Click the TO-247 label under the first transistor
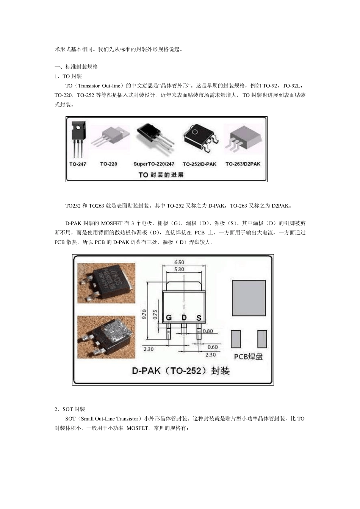point(77,164)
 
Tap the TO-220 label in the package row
point(108,164)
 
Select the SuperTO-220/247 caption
point(154,164)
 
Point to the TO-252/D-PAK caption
point(199,164)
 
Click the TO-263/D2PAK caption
point(243,164)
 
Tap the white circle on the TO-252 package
point(195,133)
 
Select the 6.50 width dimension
point(179,262)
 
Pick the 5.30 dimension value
point(179,269)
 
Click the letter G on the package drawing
point(169,318)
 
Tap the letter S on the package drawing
point(199,318)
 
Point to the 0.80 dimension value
point(208,331)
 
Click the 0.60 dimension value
point(213,347)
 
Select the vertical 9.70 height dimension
point(144,314)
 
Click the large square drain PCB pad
point(249,298)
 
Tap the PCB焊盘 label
point(248,356)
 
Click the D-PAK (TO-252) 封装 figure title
point(181,370)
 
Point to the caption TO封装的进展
point(161,175)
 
